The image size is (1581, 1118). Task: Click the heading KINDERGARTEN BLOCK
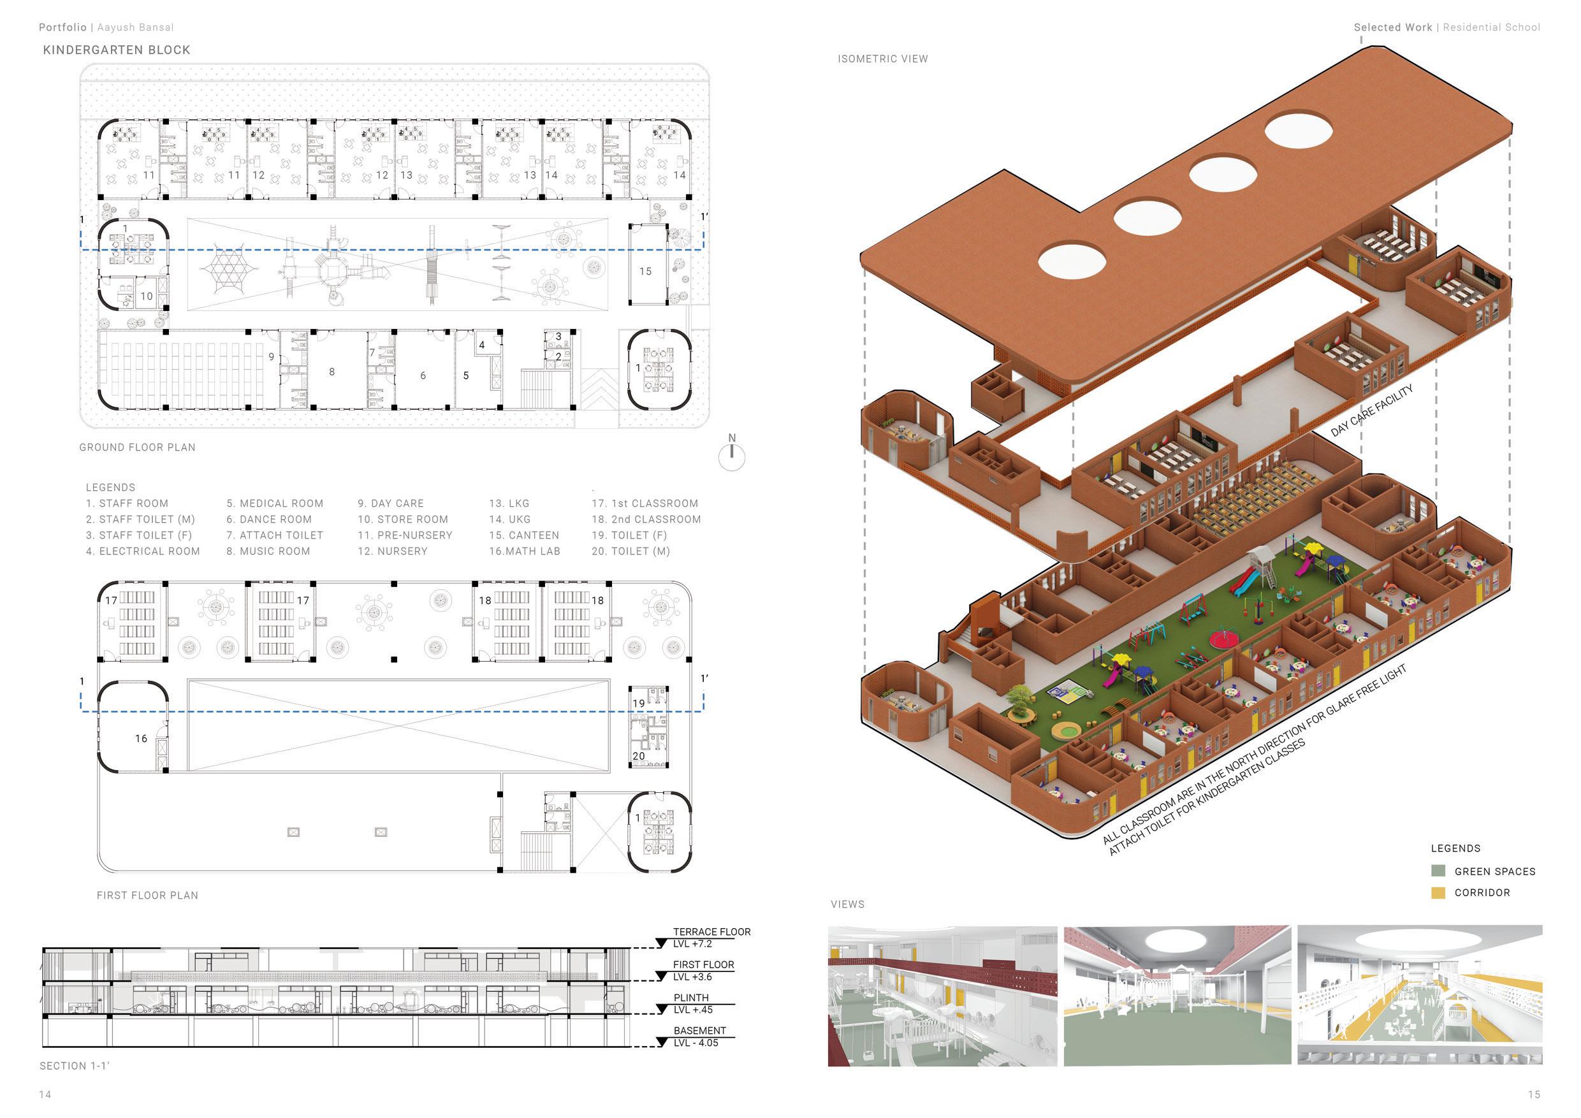click(x=117, y=50)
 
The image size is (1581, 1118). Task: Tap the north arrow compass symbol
click(x=731, y=456)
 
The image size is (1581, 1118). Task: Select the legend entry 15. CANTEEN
click(x=524, y=535)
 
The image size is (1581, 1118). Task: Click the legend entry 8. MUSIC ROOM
click(x=268, y=551)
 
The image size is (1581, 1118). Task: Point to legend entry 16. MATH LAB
click(x=525, y=551)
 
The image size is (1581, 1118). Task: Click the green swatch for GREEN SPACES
click(x=1438, y=871)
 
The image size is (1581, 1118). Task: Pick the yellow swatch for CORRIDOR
click(x=1438, y=893)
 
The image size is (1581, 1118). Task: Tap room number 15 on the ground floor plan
click(x=645, y=272)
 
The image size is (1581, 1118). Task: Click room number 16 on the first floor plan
click(x=141, y=739)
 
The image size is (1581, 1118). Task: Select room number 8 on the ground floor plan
click(x=332, y=372)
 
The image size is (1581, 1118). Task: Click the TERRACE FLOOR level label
click(x=711, y=932)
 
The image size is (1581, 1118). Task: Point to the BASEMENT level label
click(x=699, y=1031)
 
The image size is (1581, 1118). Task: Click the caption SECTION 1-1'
click(x=75, y=1066)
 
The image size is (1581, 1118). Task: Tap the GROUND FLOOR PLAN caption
click(x=137, y=447)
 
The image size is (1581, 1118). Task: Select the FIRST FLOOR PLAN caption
click(x=147, y=896)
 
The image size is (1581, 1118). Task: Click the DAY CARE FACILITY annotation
click(x=1371, y=411)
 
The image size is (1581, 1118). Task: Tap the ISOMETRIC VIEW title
click(x=883, y=59)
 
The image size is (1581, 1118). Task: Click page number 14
click(x=45, y=1094)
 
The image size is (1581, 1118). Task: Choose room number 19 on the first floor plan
click(x=639, y=703)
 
